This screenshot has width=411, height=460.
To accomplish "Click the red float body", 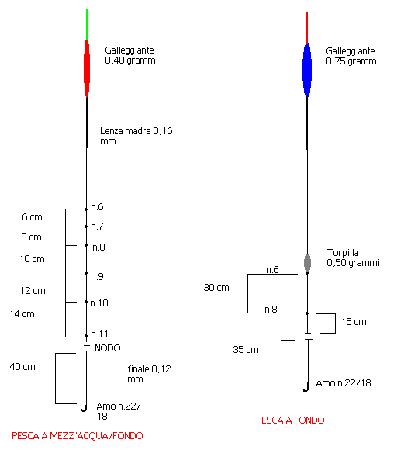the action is pos(87,68).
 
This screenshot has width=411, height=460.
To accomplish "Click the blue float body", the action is pos(307,71).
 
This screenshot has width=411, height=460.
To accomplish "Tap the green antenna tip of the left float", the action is pos(87,10).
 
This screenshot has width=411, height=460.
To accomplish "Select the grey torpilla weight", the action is pos(307,263).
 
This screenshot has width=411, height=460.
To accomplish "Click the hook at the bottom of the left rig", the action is pos(85,408).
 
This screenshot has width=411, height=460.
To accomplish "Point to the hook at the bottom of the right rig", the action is pos(306,387).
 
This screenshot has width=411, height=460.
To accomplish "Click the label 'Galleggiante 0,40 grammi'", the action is pos(131,55).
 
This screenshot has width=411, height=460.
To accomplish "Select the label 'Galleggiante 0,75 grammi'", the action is pos(352,56).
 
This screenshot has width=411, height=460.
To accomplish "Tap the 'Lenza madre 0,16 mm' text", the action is pos(136,136).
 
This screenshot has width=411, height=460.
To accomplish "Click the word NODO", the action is pos(108,348).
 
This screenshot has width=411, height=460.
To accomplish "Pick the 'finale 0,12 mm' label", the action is pos(149,374).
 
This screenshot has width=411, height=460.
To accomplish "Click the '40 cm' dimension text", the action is pos(22,367).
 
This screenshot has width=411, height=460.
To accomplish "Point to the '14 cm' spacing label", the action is pos(22,314).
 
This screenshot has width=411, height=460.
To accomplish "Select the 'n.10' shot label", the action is pos(99,303).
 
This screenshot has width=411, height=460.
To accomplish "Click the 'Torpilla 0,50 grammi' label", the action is pos(353,258).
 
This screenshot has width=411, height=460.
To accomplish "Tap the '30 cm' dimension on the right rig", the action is pos(216,288).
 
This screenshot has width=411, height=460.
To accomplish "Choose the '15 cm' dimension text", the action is pos(354,322).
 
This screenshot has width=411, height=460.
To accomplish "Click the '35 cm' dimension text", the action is pos(246,350).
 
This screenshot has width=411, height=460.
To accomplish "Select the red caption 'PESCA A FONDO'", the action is pos(290,420).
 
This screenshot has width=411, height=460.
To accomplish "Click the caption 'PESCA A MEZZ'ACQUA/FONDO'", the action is pos(78,436).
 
